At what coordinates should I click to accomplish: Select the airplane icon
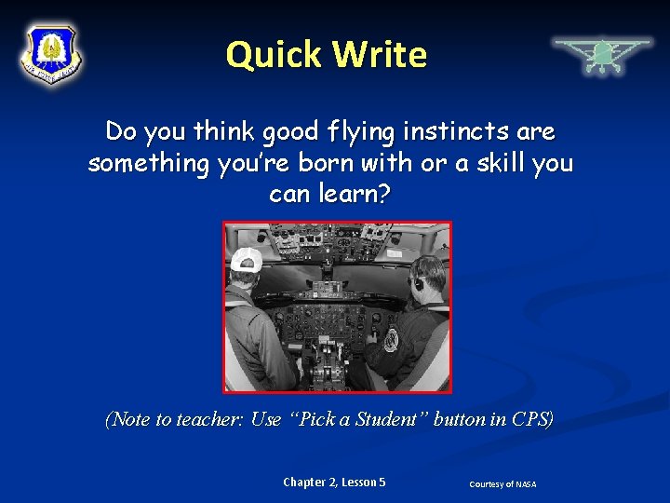[602, 54]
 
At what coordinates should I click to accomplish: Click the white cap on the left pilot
[247, 258]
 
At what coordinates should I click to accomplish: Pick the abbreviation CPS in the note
[531, 420]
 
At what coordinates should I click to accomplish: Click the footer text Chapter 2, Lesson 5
[334, 483]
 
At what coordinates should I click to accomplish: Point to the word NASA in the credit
[526, 484]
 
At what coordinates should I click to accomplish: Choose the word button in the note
[459, 420]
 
